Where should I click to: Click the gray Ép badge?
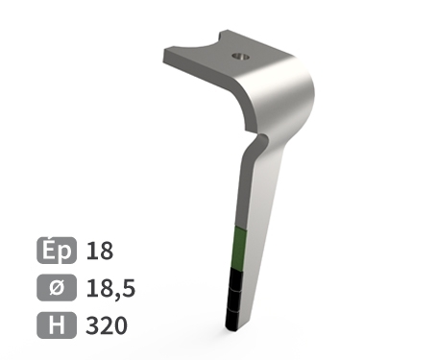(x=57, y=252)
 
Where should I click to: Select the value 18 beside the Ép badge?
(x=100, y=252)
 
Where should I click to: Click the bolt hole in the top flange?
(x=239, y=57)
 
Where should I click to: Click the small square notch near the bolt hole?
(x=225, y=39)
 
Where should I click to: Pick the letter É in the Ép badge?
(x=50, y=251)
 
